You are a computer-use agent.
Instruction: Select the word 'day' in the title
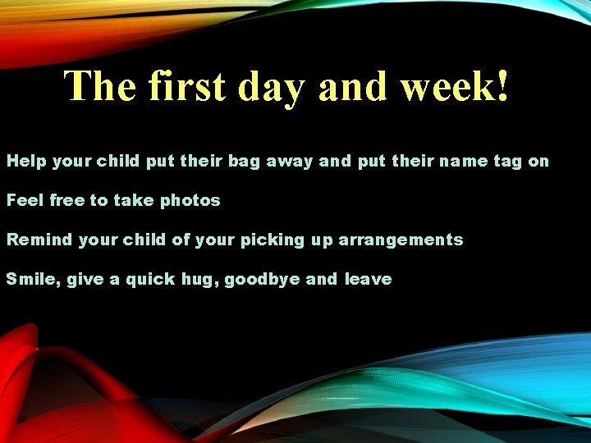click(x=277, y=87)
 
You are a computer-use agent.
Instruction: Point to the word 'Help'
click(x=26, y=162)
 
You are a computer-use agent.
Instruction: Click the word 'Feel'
click(x=25, y=200)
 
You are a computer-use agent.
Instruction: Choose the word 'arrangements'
click(x=401, y=240)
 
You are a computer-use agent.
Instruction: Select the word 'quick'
click(x=150, y=280)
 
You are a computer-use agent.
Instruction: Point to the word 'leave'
click(x=368, y=279)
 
